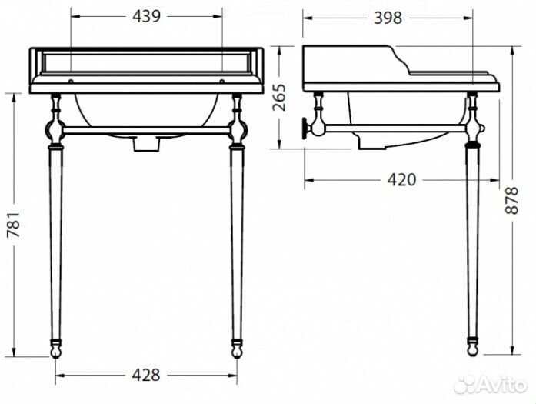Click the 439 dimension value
pos(146,17)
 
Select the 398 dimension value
pos(388,18)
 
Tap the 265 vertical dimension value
pos(281,98)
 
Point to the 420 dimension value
pos(401,180)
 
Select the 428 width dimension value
pos(145,375)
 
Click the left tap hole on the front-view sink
pos(71,80)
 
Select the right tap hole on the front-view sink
pos(221,80)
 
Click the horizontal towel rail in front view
pos(145,129)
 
